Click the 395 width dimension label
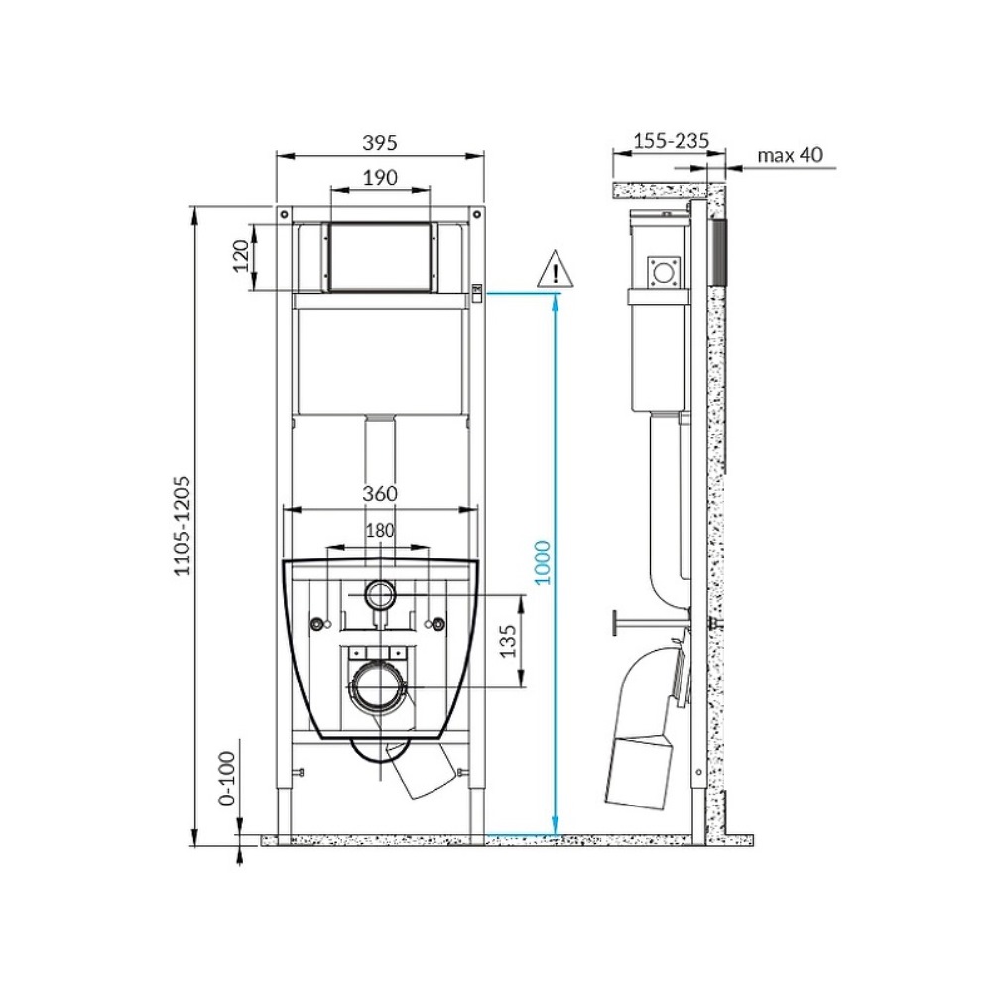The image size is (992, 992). (x=379, y=143)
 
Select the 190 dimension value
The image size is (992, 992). (x=379, y=178)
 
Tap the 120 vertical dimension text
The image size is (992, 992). (x=239, y=257)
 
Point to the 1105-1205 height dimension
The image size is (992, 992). (x=182, y=526)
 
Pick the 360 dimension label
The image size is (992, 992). (x=379, y=494)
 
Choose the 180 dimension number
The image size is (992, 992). (x=379, y=531)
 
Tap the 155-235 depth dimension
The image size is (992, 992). (x=671, y=141)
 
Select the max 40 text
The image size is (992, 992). (x=790, y=155)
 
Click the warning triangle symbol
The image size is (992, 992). (x=556, y=271)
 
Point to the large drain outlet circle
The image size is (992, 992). (x=378, y=686)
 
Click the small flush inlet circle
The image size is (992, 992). (x=379, y=595)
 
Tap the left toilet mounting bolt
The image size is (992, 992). (x=318, y=624)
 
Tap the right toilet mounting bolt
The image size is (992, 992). (x=434, y=624)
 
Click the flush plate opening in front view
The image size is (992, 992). (x=379, y=257)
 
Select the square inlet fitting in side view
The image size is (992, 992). (x=662, y=271)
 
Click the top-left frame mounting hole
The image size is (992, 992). (x=284, y=213)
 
